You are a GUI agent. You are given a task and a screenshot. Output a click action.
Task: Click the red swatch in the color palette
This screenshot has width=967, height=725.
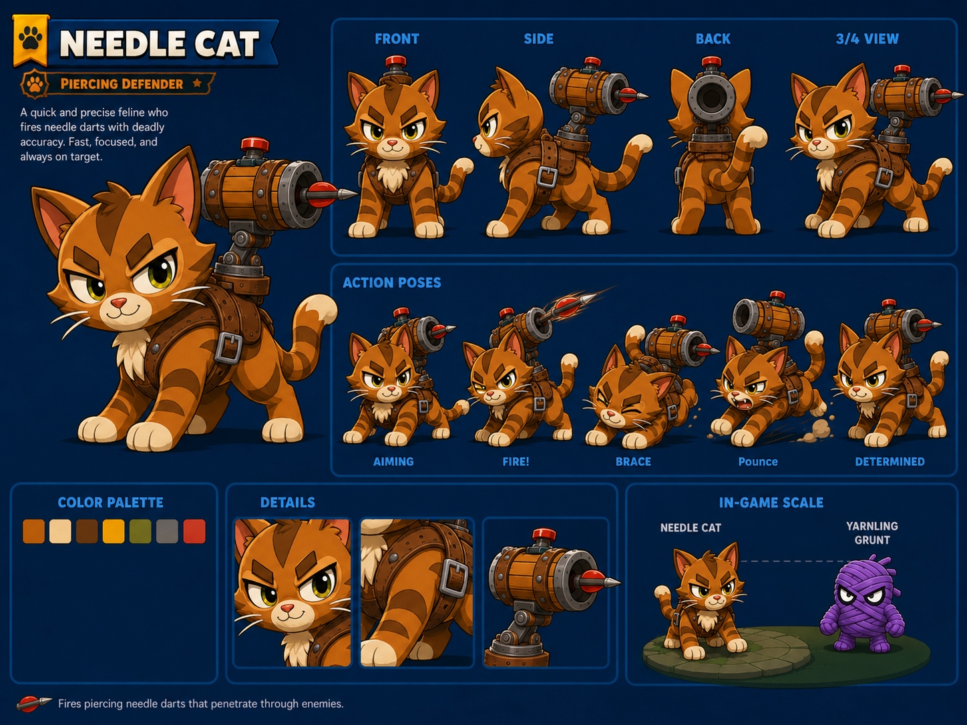coord(194,531)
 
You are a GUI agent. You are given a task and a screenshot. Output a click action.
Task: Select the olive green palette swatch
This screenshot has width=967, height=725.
coord(140,531)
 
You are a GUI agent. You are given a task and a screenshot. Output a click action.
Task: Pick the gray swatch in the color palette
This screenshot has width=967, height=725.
coord(168,531)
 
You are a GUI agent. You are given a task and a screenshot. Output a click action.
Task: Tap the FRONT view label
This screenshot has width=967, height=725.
coord(397,39)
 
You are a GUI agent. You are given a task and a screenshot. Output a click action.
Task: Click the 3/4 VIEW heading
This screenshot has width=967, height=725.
coord(867,39)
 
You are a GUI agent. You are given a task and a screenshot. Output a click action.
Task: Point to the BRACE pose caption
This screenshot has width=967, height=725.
coord(633,461)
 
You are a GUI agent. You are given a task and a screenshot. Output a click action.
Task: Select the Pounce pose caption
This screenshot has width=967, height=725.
coord(758,461)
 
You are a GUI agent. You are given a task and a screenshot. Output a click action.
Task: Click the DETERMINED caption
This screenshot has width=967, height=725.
coord(890,461)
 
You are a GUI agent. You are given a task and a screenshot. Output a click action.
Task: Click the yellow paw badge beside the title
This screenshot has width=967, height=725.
coord(31,41)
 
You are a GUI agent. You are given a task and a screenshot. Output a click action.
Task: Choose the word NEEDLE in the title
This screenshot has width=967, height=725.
coord(122,44)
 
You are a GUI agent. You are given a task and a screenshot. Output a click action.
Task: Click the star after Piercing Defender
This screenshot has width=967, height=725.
coord(198,83)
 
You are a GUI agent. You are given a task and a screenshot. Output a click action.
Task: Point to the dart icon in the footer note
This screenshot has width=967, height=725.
coord(33,704)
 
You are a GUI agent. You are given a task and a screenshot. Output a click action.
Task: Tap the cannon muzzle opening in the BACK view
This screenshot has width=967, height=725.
coord(711,98)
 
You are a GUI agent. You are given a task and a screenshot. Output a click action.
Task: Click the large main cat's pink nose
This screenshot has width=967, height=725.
coord(118,303)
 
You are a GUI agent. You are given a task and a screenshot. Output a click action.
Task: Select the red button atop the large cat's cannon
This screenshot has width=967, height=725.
coord(254,144)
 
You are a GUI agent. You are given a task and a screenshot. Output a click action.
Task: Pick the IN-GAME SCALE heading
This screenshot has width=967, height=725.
coord(771,503)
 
